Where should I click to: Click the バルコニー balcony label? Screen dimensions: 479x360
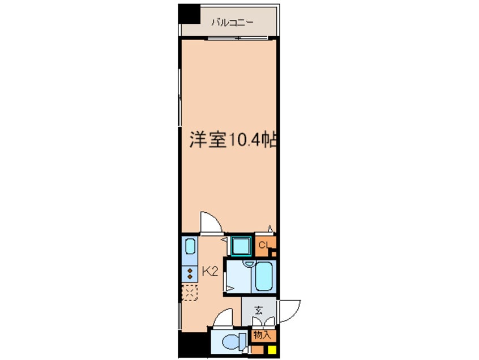[x=233, y=23]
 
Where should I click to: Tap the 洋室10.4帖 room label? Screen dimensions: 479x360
[x=233, y=140]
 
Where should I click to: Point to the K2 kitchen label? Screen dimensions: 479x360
[x=210, y=272]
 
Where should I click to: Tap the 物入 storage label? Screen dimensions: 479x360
[x=262, y=335]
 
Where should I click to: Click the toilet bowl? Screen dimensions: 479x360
[x=234, y=341]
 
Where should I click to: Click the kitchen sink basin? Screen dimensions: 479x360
[x=190, y=246]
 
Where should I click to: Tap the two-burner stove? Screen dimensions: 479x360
[x=190, y=273]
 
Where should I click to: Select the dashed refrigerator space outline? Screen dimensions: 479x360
[x=190, y=293]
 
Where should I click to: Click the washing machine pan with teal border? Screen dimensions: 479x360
[x=241, y=246]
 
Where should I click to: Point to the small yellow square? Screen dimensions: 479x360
[x=272, y=350]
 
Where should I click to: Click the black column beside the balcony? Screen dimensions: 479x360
[x=189, y=14]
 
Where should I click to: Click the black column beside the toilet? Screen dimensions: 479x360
[x=194, y=344]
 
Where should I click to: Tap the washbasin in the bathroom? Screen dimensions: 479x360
[x=250, y=264]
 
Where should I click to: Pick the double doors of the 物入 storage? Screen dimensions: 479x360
[x=263, y=322]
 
